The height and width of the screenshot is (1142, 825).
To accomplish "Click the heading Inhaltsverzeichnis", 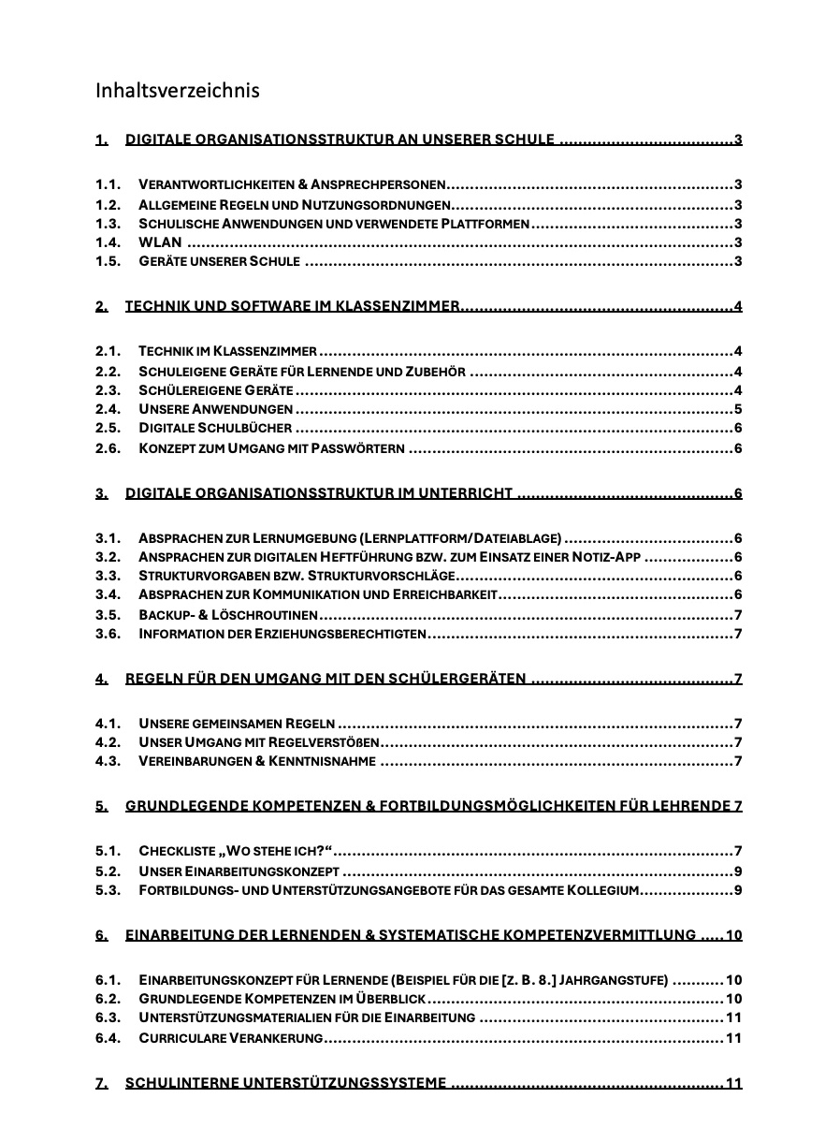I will point(177,91).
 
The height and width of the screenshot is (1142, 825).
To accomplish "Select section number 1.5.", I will point(109,261).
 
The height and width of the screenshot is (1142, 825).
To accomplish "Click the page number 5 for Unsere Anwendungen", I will point(738,409).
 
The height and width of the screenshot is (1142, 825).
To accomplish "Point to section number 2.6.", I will point(109,448).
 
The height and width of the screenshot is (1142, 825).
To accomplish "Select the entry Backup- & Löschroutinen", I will point(227,615).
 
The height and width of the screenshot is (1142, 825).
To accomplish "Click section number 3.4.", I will point(109,595).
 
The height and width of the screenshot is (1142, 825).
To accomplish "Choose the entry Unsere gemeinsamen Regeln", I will point(237,724).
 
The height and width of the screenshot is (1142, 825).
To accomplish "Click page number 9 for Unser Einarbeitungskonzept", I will point(738,871).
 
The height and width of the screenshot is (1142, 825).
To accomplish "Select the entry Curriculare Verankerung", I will point(230,1038).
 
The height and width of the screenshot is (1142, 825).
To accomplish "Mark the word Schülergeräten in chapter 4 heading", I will point(455,679).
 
